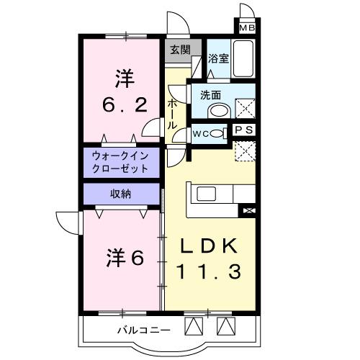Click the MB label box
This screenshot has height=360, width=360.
pos(247,29)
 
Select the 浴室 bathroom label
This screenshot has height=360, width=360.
pos(218,58)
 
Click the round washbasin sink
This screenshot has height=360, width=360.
pos(217,111)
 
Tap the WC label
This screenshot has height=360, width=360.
pos(202,133)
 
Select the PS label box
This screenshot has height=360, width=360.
pos(245,130)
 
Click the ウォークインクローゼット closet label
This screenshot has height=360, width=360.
pos(120,162)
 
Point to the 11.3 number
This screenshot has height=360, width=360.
pos(210,271)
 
